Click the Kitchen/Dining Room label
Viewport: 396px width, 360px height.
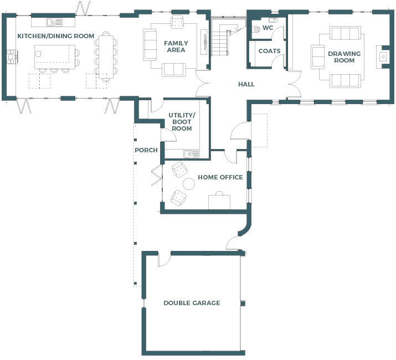56,36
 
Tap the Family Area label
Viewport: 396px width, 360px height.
176,47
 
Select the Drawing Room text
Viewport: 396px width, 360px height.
344,57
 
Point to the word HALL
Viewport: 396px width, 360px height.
246,84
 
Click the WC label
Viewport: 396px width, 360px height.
268,28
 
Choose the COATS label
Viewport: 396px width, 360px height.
270,51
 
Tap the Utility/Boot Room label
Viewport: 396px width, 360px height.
182,122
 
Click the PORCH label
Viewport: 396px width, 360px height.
146,150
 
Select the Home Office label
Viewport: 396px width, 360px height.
220,177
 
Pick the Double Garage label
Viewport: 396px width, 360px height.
192,303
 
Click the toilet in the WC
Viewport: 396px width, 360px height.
256,29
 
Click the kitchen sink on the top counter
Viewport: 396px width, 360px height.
54,22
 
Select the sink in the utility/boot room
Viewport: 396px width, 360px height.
192,154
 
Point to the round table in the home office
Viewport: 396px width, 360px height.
189,184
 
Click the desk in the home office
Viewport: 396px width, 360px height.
219,202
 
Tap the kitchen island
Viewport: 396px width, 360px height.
55,57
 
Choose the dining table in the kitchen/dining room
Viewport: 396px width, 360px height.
106,57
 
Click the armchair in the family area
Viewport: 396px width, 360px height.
177,22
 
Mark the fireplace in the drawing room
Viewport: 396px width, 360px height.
382,57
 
